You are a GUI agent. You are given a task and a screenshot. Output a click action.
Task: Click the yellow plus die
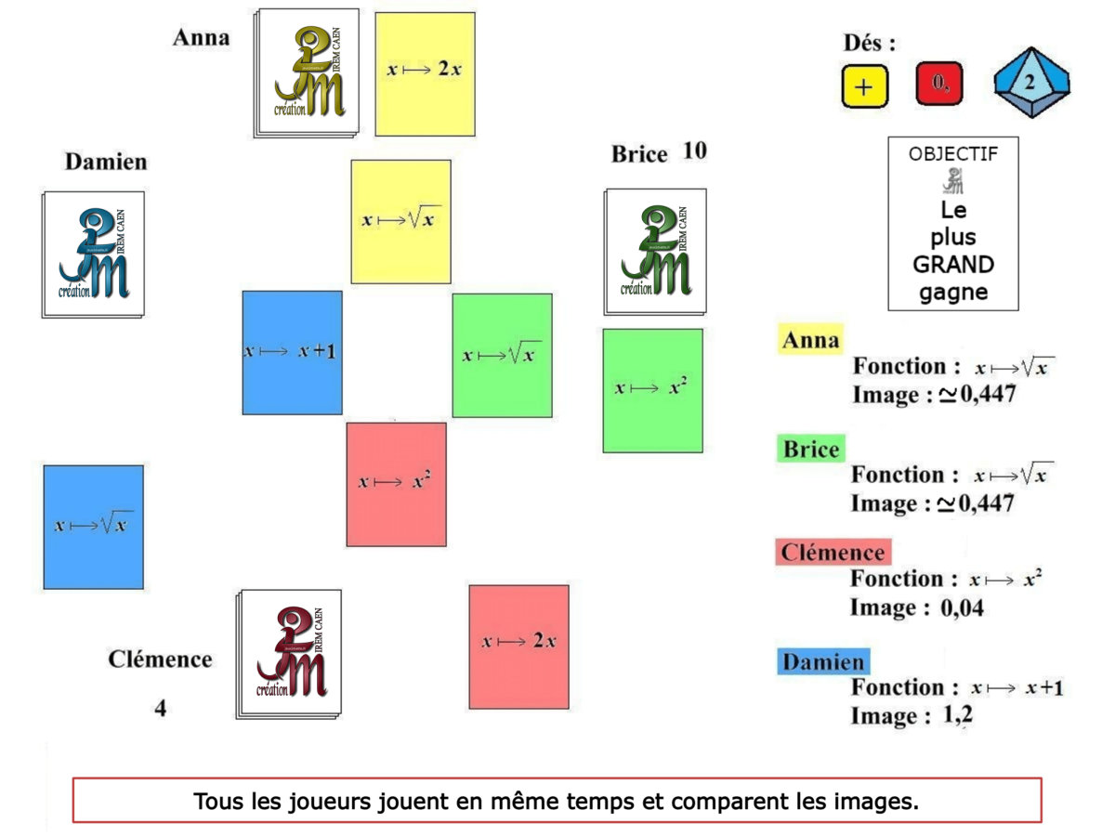(865, 86)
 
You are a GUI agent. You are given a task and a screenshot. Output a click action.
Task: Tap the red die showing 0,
(938, 85)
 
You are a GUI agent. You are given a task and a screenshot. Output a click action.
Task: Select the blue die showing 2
(1030, 84)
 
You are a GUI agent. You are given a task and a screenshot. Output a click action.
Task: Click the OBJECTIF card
(952, 223)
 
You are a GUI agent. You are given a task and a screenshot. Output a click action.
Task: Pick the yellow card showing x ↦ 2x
(425, 73)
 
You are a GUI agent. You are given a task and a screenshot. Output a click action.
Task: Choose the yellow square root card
(400, 221)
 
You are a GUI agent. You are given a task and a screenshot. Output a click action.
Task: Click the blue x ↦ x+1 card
(292, 352)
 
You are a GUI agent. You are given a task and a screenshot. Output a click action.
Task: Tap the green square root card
(502, 355)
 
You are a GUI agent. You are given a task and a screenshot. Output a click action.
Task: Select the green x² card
(652, 390)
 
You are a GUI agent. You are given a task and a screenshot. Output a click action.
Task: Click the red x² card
(396, 484)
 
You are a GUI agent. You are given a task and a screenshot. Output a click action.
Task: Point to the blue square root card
(93, 527)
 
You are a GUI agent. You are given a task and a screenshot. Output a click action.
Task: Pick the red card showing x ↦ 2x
(518, 646)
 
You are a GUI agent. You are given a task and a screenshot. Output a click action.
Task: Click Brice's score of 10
(694, 151)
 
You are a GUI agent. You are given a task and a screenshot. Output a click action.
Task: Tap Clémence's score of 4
(161, 709)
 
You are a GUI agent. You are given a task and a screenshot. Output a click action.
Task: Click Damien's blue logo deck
(93, 254)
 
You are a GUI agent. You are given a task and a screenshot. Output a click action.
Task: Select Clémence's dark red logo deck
(290, 652)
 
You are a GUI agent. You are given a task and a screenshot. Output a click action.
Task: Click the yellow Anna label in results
(810, 340)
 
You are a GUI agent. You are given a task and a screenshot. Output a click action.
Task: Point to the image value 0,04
(962, 609)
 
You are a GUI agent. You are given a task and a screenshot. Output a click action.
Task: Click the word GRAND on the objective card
(952, 265)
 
